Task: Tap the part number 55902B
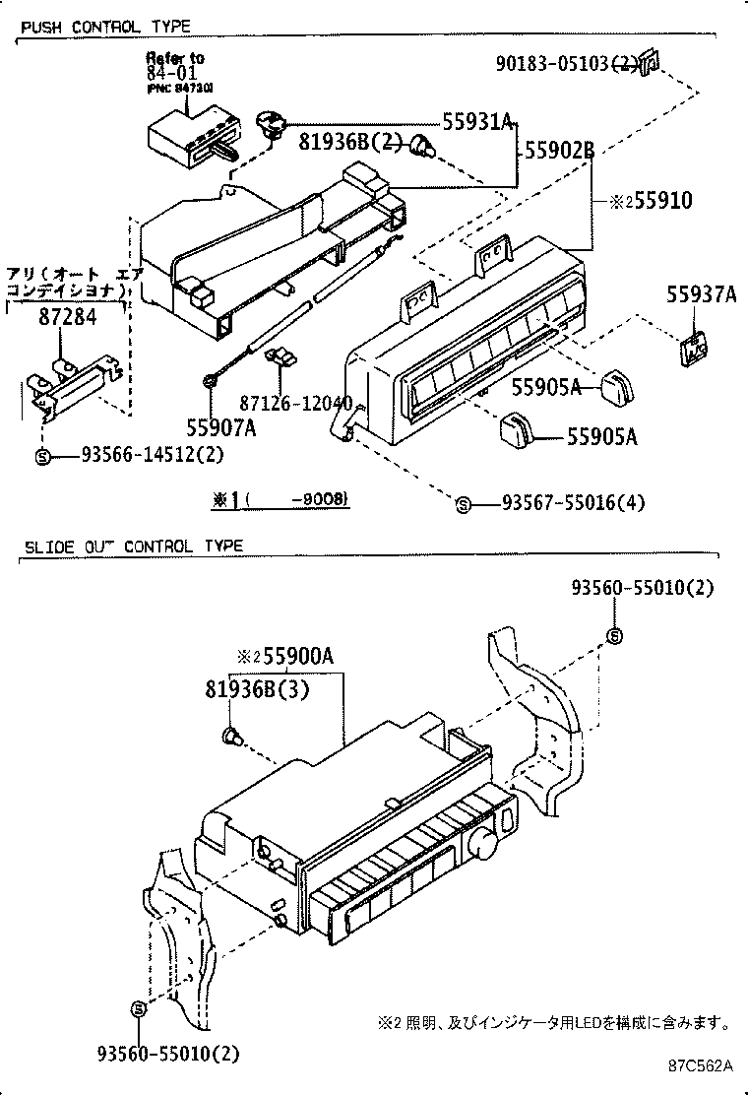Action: coord(559,151)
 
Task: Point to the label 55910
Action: coord(656,201)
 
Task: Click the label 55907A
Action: coord(221,427)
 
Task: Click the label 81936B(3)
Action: coord(258,690)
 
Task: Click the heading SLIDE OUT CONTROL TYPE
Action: coord(132,546)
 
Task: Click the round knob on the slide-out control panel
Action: coord(482,841)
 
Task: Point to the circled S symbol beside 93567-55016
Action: coord(462,504)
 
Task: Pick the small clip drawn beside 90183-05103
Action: coord(649,64)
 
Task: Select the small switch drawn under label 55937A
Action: coord(695,346)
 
